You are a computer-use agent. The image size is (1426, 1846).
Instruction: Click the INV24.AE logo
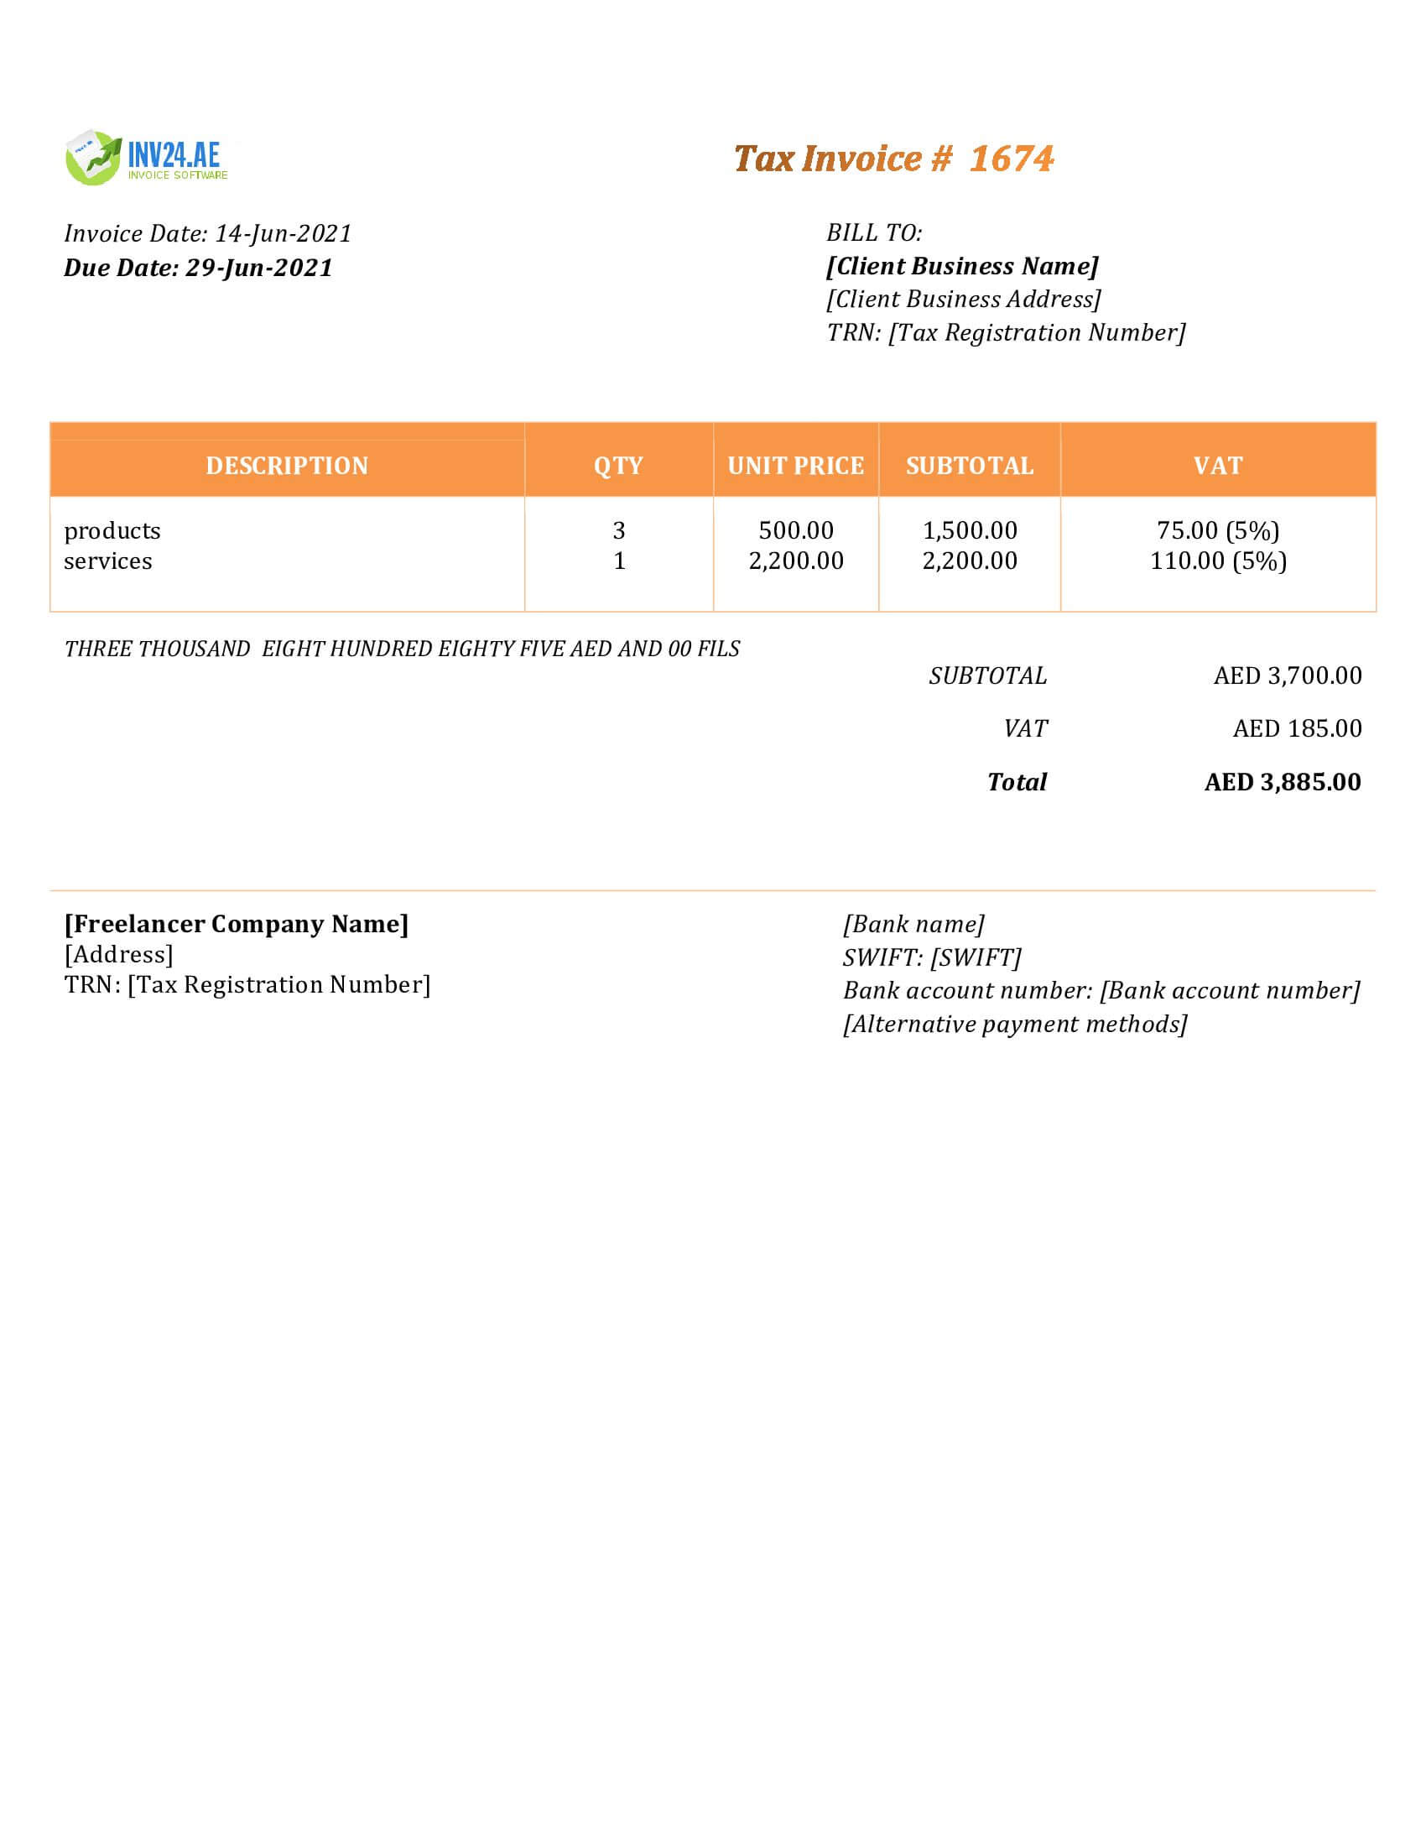146,158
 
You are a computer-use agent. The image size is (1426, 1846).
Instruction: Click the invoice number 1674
1012,159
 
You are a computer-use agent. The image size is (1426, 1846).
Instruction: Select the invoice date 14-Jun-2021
283,233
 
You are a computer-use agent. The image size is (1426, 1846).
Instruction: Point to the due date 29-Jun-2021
258,268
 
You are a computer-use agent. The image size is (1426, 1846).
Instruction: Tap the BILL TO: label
873,232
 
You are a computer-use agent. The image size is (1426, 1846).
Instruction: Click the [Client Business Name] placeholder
962,266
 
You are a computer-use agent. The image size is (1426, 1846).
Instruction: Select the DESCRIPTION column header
286,466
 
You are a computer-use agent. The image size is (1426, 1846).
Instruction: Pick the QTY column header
618,466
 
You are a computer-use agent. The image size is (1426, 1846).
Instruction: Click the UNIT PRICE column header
795,466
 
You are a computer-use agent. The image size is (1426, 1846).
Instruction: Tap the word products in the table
112,531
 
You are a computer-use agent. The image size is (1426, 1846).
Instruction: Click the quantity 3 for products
618,531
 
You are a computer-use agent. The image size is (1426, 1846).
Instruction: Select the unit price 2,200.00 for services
796,561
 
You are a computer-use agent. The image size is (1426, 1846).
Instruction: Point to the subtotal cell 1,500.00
969,531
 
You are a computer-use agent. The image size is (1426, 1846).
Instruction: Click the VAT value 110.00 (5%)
1217,561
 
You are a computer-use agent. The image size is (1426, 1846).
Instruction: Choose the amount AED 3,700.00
1287,675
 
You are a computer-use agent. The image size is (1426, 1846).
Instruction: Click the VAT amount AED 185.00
1296,728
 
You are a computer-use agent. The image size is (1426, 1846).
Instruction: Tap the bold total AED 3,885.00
1282,782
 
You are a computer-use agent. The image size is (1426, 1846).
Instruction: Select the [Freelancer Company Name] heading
237,924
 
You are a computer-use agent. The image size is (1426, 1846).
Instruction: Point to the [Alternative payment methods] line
1015,1025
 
